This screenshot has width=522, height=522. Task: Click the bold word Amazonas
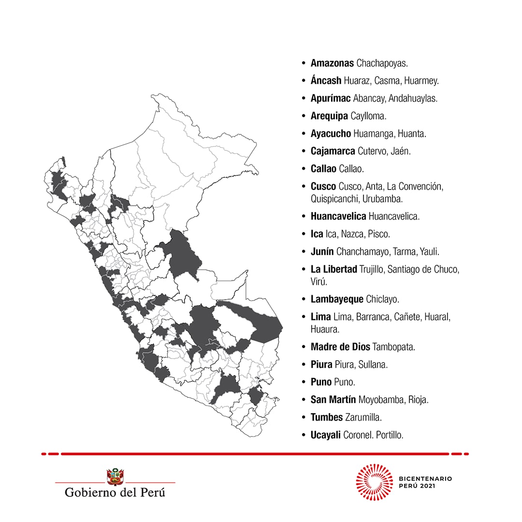(x=332, y=63)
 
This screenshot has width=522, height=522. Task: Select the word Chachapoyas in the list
(x=382, y=63)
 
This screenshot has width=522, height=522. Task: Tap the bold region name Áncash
(x=326, y=81)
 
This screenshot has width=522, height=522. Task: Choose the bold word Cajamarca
(x=333, y=151)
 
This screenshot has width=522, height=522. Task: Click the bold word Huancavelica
(x=338, y=217)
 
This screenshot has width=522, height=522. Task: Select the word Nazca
(x=353, y=234)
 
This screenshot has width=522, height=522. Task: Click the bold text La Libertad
(x=333, y=269)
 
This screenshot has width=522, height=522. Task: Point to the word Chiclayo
(x=382, y=299)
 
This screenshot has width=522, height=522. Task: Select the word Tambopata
(x=393, y=347)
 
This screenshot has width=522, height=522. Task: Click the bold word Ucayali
(x=326, y=435)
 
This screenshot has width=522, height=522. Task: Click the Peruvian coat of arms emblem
(x=115, y=477)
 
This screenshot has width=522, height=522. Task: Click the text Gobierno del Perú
(x=115, y=493)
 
